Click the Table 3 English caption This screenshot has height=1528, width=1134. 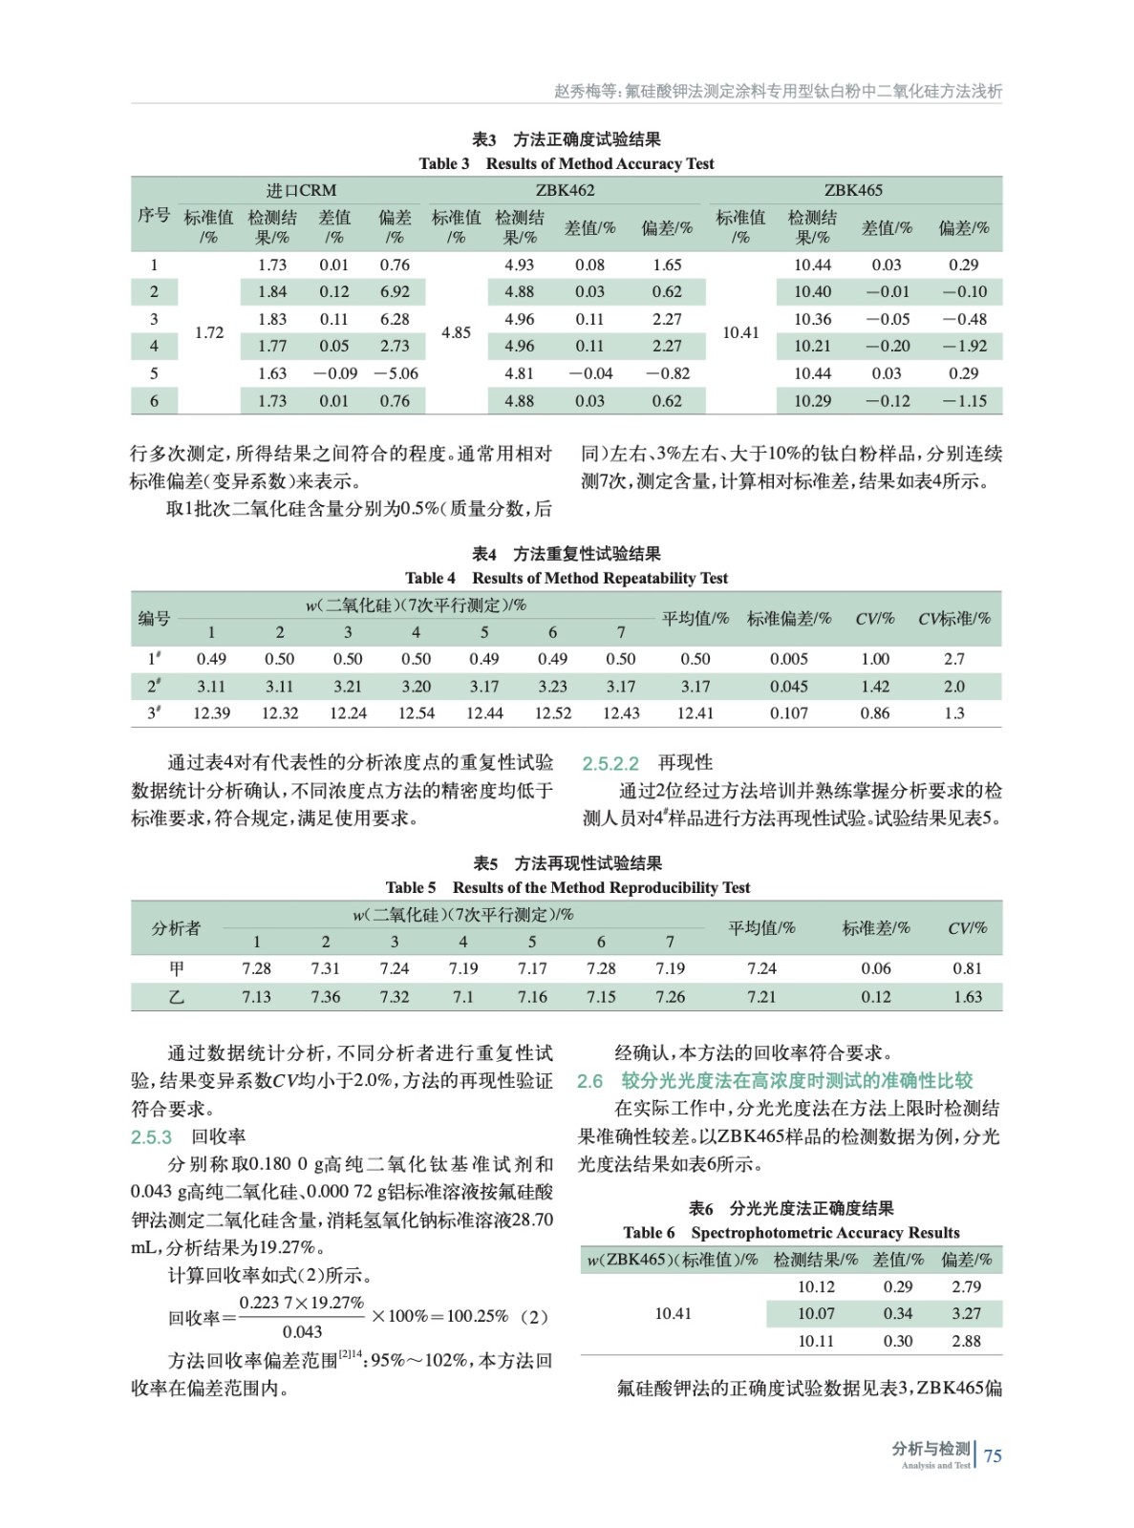click(x=566, y=163)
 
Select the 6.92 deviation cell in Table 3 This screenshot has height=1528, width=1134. click(x=395, y=291)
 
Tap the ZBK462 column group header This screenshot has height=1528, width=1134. click(x=565, y=190)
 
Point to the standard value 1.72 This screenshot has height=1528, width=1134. click(x=209, y=332)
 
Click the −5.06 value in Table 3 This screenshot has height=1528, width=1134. click(x=396, y=373)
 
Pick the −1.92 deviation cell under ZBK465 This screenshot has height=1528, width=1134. click(x=964, y=346)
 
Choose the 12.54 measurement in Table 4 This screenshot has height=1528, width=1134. click(x=416, y=712)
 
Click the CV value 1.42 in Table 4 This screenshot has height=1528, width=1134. click(x=874, y=686)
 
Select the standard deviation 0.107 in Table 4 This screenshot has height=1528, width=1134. click(x=789, y=712)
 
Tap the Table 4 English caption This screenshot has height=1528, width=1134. click(x=566, y=578)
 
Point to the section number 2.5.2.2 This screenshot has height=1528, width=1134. click(x=610, y=763)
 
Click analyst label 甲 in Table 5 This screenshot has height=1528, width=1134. click(x=177, y=968)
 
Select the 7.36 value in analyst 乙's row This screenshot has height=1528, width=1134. click(x=325, y=996)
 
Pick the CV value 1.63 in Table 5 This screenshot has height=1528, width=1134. click(x=967, y=996)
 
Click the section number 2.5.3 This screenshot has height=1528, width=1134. click(x=151, y=1136)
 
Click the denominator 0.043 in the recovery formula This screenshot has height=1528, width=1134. click(x=302, y=1331)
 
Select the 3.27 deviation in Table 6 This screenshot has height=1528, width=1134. click(x=966, y=1313)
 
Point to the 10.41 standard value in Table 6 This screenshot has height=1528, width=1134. click(x=673, y=1313)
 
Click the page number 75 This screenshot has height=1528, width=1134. click(x=993, y=1455)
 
